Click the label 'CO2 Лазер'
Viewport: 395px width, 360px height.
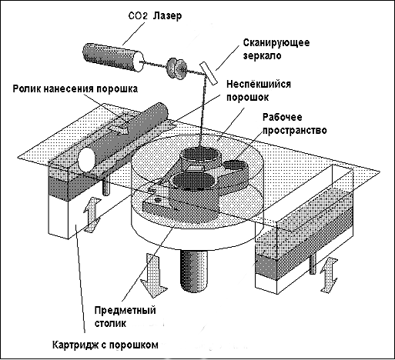pyautogui.click(x=155, y=16)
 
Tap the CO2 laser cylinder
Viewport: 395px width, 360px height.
pyautogui.click(x=113, y=58)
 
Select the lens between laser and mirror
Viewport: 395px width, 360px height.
pyautogui.click(x=176, y=68)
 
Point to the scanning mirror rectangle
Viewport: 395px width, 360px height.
pyautogui.click(x=209, y=73)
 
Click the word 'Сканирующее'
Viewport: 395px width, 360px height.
pyautogui.click(x=276, y=42)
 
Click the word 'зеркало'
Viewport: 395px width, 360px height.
pyautogui.click(x=262, y=56)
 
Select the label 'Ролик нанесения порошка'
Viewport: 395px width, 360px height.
pyautogui.click(x=75, y=88)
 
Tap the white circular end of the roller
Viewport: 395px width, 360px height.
pyautogui.click(x=86, y=161)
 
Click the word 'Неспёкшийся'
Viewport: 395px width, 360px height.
pyautogui.click(x=259, y=84)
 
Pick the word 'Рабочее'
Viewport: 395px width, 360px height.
pyautogui.click(x=283, y=117)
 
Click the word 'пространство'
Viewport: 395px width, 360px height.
pyautogui.click(x=294, y=130)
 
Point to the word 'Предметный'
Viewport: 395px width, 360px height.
pyautogui.click(x=126, y=310)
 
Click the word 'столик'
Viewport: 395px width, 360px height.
pyautogui.click(x=110, y=323)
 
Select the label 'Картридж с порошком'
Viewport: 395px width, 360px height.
pyautogui.click(x=105, y=345)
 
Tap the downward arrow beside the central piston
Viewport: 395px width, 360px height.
pyautogui.click(x=154, y=275)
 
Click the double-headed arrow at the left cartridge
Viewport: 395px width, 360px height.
pyautogui.click(x=92, y=215)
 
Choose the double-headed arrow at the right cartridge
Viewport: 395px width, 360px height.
pyautogui.click(x=329, y=275)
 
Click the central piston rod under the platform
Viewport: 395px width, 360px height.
pyautogui.click(x=194, y=271)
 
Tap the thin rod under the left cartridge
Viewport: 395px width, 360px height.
pyautogui.click(x=105, y=187)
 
